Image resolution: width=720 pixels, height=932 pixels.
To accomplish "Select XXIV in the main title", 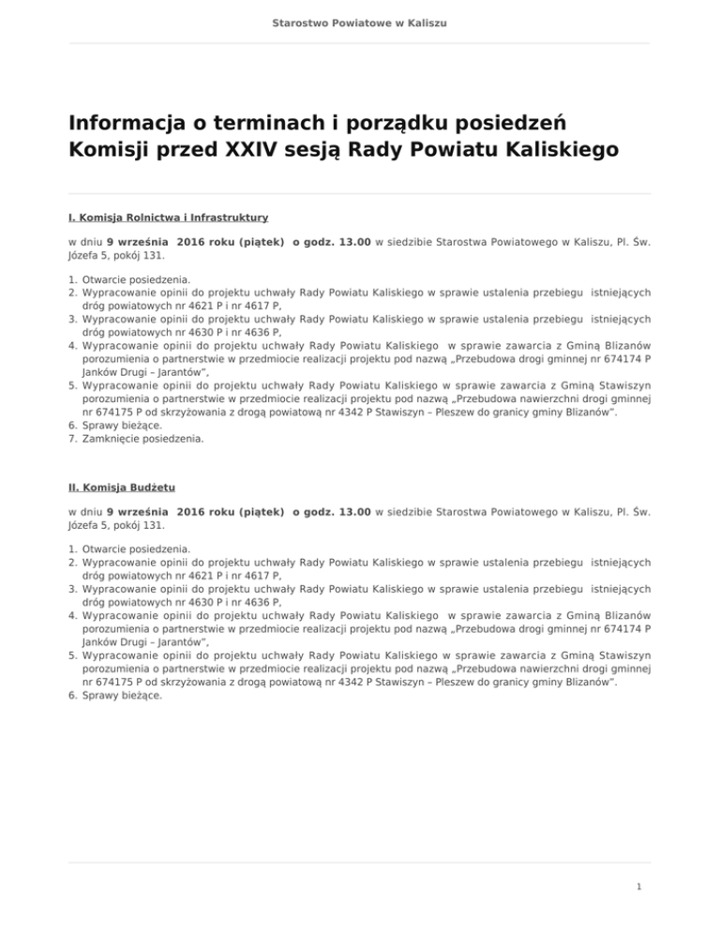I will (x=280, y=150).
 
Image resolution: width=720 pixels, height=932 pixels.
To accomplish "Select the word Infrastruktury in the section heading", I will (x=227, y=218).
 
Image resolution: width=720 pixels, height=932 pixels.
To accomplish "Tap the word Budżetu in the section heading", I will (x=153, y=488).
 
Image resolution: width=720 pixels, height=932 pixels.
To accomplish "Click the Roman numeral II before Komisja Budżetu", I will (x=73, y=488).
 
